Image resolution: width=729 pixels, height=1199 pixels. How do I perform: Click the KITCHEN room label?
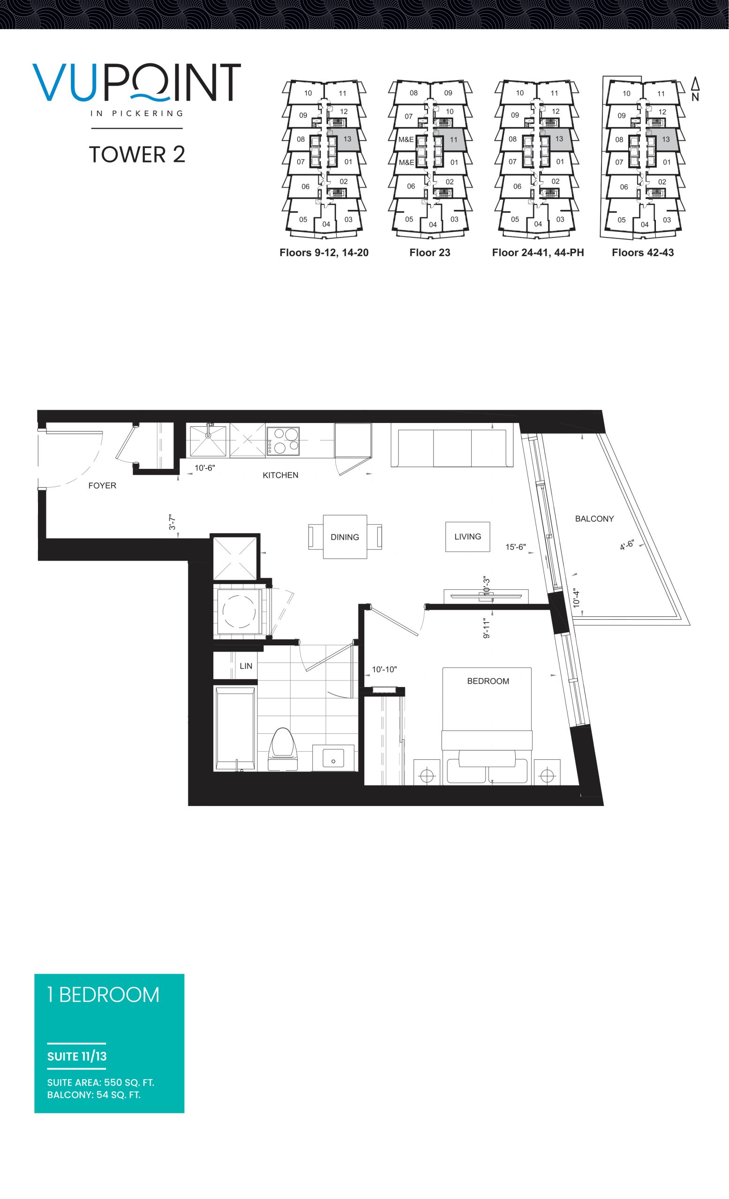[280, 475]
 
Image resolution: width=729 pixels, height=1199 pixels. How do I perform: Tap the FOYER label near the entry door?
[102, 485]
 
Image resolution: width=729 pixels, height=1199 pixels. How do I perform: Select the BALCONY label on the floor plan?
[594, 519]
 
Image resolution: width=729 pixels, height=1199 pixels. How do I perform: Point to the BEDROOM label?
[488, 681]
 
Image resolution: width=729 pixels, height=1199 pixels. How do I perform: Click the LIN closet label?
[246, 666]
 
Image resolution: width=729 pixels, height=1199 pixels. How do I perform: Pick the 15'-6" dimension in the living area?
[515, 547]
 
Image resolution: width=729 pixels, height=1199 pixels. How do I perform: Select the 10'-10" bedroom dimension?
[384, 669]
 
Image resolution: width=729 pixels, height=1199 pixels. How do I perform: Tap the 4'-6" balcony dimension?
[627, 545]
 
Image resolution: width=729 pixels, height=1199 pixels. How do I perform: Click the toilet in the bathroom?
[283, 749]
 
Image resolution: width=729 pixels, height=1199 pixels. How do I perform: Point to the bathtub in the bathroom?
[235, 728]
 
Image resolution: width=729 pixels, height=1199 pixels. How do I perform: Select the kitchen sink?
[209, 440]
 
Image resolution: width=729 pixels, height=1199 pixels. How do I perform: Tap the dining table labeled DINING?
[345, 537]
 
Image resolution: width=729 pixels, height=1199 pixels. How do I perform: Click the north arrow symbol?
[695, 89]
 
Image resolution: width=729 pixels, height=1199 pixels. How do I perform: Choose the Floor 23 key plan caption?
[429, 252]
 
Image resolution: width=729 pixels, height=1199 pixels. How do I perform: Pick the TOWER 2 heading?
[137, 155]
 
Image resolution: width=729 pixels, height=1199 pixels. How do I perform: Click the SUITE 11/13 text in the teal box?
[77, 1057]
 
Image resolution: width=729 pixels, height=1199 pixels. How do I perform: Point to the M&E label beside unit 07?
[406, 140]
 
